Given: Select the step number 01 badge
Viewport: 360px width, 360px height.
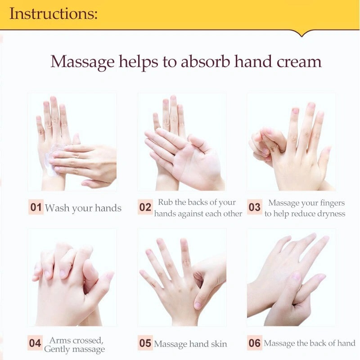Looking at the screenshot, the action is (x=36, y=207).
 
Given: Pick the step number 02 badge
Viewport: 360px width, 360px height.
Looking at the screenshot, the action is (x=145, y=207).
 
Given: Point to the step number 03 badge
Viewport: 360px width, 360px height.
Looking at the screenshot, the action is (x=254, y=207).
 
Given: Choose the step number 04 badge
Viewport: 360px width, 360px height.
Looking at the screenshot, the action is (x=35, y=343).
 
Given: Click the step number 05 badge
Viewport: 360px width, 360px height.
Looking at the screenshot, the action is (x=145, y=343).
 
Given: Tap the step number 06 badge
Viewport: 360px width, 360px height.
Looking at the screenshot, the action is (x=254, y=343).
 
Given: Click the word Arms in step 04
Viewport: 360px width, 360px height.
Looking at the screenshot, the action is (x=58, y=340).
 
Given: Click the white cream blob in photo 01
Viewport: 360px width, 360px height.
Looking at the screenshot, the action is (x=51, y=161).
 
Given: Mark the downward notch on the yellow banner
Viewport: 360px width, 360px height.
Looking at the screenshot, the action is (x=302, y=35).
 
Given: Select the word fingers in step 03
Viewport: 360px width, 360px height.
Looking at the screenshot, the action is (x=333, y=203).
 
